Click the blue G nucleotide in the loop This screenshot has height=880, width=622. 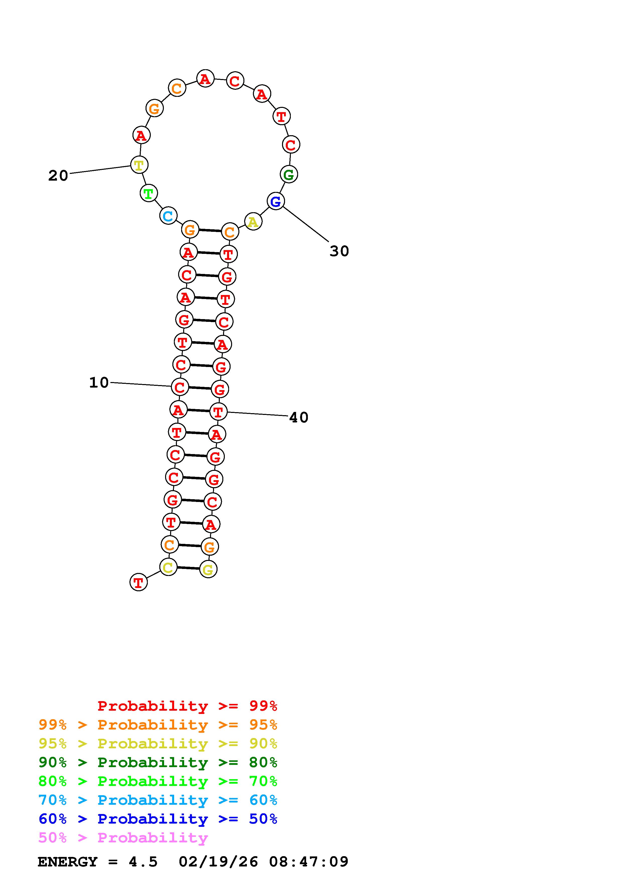click(x=275, y=201)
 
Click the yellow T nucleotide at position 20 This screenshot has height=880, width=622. click(x=139, y=165)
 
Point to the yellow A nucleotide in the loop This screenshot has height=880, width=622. click(x=253, y=222)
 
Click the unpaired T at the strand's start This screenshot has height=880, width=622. click(x=138, y=582)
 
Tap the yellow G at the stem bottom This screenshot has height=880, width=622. click(x=208, y=569)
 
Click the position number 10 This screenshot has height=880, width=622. click(x=99, y=383)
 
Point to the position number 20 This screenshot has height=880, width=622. click(x=58, y=176)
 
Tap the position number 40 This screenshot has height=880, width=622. click(x=299, y=417)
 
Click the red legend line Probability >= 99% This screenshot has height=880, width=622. click(x=187, y=706)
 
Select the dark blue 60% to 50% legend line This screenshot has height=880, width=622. click(x=158, y=819)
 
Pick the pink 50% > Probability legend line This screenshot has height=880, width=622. click(x=123, y=837)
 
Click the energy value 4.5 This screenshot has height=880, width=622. click(x=143, y=862)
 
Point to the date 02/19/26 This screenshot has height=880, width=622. click(x=218, y=862)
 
